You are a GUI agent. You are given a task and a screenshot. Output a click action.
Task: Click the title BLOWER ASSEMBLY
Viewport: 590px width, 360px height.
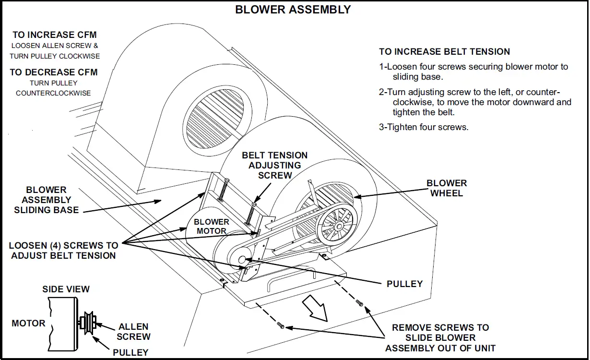(x=293, y=10)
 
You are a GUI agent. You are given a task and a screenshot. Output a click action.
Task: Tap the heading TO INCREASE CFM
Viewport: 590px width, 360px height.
(x=55, y=35)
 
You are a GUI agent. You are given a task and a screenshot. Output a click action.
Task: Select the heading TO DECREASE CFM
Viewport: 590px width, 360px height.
(x=54, y=72)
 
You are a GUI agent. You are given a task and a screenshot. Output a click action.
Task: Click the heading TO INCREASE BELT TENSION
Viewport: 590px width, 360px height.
(x=444, y=52)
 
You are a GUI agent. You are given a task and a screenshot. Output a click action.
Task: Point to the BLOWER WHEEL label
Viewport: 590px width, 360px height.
(x=447, y=188)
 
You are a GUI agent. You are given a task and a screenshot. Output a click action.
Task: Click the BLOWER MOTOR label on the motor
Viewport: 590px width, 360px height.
(x=212, y=227)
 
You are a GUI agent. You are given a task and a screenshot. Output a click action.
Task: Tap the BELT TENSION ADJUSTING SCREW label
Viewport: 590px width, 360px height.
(x=275, y=165)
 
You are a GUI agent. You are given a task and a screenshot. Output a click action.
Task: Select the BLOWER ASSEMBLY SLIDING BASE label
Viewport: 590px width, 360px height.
(x=47, y=200)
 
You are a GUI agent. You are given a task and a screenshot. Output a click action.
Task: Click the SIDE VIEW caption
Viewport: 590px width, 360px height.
(x=66, y=289)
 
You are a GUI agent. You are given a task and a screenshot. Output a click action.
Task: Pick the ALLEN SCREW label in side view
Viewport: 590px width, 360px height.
(x=133, y=332)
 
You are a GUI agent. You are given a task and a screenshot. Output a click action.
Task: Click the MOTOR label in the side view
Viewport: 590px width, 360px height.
(x=28, y=323)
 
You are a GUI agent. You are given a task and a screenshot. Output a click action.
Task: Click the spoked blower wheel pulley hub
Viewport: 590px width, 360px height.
(x=339, y=226)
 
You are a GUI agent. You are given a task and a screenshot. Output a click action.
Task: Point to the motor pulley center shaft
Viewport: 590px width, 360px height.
(x=242, y=260)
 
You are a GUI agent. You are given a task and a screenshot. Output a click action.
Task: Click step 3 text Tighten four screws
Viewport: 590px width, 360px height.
(x=424, y=127)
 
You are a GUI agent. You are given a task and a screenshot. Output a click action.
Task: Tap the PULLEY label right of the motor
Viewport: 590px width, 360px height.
(x=404, y=284)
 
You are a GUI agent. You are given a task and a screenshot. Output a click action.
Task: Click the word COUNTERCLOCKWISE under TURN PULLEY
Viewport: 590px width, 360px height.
(x=53, y=93)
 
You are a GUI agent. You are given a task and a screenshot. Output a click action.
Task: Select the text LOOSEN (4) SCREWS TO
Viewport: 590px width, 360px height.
(x=63, y=246)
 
